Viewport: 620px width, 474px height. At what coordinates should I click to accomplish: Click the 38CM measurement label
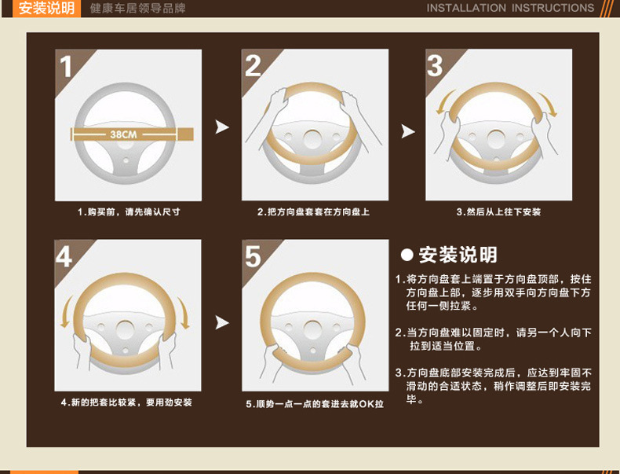pos(123,134)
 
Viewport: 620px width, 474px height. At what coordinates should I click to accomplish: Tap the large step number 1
pos(66,67)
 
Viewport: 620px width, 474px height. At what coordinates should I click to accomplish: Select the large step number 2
pos(253,66)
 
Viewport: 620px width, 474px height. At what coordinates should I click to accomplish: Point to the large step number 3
pos(435,66)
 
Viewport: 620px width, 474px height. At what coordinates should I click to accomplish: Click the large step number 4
pos(64,256)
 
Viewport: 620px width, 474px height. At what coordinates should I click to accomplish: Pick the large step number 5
pos(253,256)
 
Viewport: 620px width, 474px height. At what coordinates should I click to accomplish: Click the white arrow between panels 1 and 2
pos(222,127)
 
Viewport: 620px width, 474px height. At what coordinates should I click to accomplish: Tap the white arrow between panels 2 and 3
pos(408,131)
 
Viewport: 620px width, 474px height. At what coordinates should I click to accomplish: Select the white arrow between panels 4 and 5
pos(222,323)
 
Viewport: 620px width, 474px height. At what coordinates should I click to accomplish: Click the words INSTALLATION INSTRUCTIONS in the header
pos(510,8)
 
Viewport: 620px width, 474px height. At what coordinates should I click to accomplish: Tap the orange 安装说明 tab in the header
pos(46,9)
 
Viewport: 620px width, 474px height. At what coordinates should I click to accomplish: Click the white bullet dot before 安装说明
pos(407,255)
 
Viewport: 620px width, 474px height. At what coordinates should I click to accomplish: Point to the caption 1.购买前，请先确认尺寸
pos(129,212)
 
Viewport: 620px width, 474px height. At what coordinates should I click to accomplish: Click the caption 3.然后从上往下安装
pos(498,212)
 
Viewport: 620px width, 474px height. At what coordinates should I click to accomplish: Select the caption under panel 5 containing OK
pos(315,404)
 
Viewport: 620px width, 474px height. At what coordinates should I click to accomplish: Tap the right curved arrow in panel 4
pos(184,313)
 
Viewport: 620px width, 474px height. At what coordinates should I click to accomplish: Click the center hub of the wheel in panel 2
pos(312,140)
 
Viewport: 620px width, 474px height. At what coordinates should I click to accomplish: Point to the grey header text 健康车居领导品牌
pos(137,9)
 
